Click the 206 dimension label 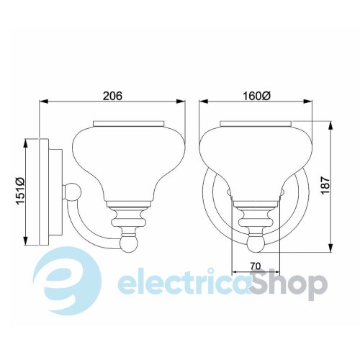[112, 96]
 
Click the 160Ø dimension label [257, 96]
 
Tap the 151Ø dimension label [20, 191]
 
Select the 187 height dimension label [325, 186]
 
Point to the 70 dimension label [255, 266]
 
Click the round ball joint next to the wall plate [73, 192]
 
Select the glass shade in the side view [129, 163]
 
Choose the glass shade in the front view [256, 163]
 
